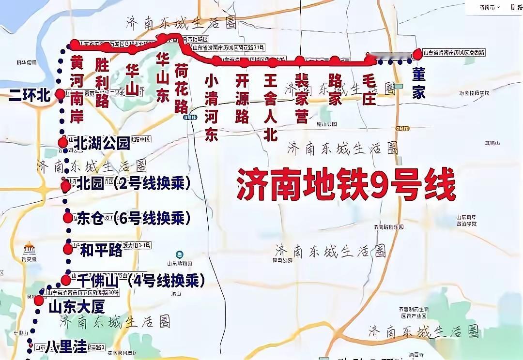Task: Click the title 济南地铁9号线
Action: point(346,184)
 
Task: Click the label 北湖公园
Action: point(102,143)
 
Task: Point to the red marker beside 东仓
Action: point(68,218)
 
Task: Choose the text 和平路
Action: point(101,250)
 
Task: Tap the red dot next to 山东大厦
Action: point(39,300)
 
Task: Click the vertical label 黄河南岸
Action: point(77,90)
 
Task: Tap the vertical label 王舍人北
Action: point(270,106)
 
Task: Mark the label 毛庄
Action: point(369,90)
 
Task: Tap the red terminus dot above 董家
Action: point(417,54)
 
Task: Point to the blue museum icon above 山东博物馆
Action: point(180,254)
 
